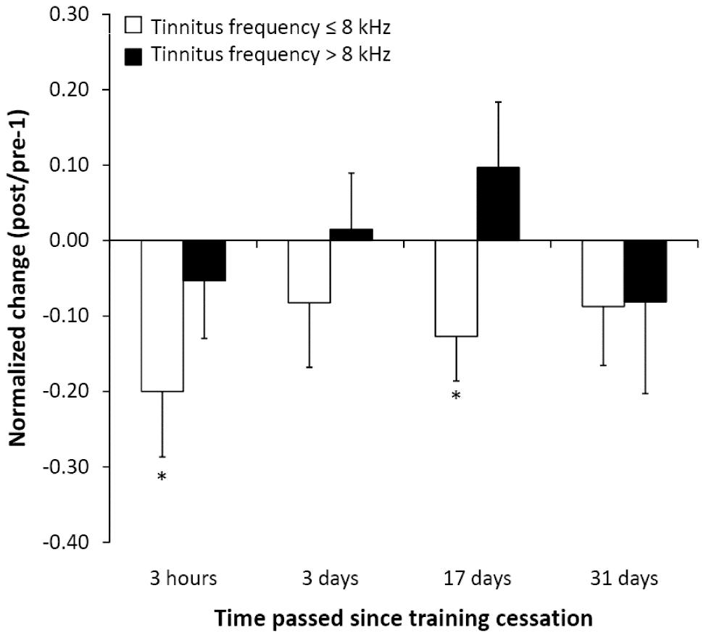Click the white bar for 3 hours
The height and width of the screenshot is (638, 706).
click(162, 316)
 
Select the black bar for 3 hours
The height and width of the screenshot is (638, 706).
click(204, 261)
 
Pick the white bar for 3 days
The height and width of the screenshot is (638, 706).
click(309, 272)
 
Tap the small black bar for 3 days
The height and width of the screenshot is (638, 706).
click(352, 235)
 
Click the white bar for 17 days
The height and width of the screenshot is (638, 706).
click(456, 288)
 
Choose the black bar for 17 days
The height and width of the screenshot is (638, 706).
click(499, 203)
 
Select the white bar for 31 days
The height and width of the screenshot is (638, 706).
click(603, 274)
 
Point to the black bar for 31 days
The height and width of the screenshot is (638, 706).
click(646, 272)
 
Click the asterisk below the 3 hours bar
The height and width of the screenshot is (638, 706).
click(162, 477)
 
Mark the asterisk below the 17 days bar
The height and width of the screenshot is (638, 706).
click(456, 396)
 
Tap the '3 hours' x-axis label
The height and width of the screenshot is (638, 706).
click(183, 579)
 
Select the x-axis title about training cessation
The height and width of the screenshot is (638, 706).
click(402, 618)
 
